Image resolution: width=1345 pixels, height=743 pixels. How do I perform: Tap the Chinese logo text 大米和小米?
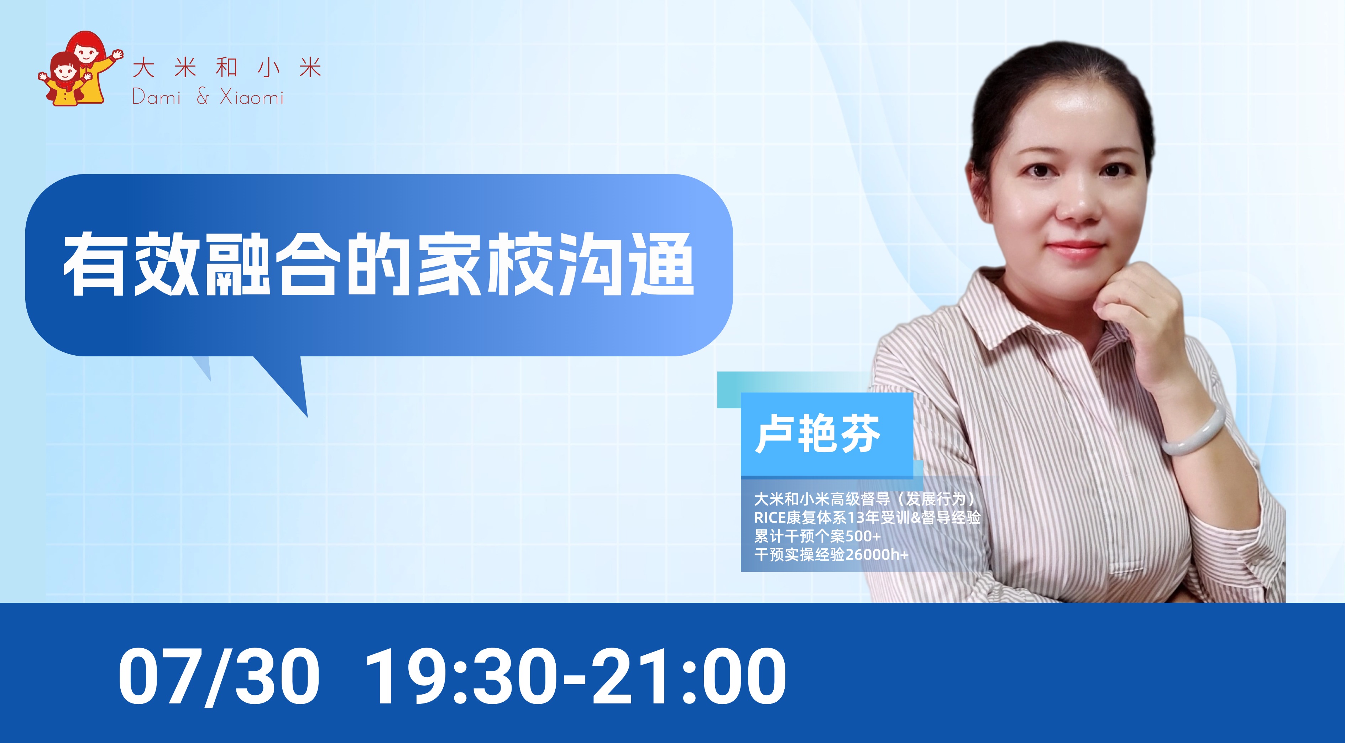coord(227,68)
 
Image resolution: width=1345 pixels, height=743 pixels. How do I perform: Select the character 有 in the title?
coord(94,264)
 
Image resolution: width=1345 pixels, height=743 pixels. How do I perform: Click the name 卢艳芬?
coord(818,434)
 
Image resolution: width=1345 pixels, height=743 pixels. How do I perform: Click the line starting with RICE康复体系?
coord(867,517)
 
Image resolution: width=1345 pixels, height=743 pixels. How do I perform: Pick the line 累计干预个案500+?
coord(817,536)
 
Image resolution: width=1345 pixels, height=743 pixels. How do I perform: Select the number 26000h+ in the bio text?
coord(876,554)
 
